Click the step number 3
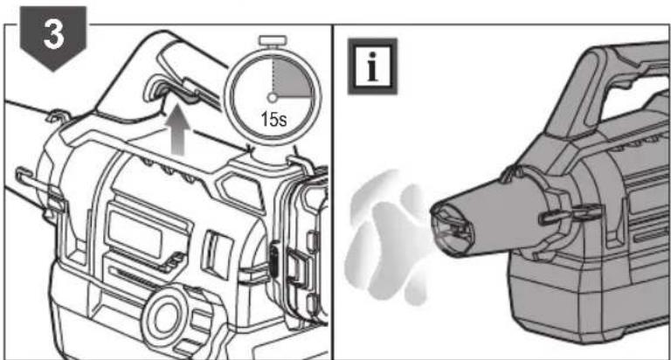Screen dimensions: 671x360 click(54, 34)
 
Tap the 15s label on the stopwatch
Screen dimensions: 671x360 click(273, 119)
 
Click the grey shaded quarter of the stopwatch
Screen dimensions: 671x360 click(291, 78)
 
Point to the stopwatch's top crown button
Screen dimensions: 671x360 click(273, 41)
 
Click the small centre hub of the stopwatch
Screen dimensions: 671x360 click(273, 98)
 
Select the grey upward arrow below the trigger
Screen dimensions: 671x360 click(180, 134)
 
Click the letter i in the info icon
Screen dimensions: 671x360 click(372, 66)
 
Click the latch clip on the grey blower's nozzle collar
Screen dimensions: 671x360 click(569, 215)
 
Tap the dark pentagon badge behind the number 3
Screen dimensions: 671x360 click(53, 38)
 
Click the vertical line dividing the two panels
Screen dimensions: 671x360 click(333, 191)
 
